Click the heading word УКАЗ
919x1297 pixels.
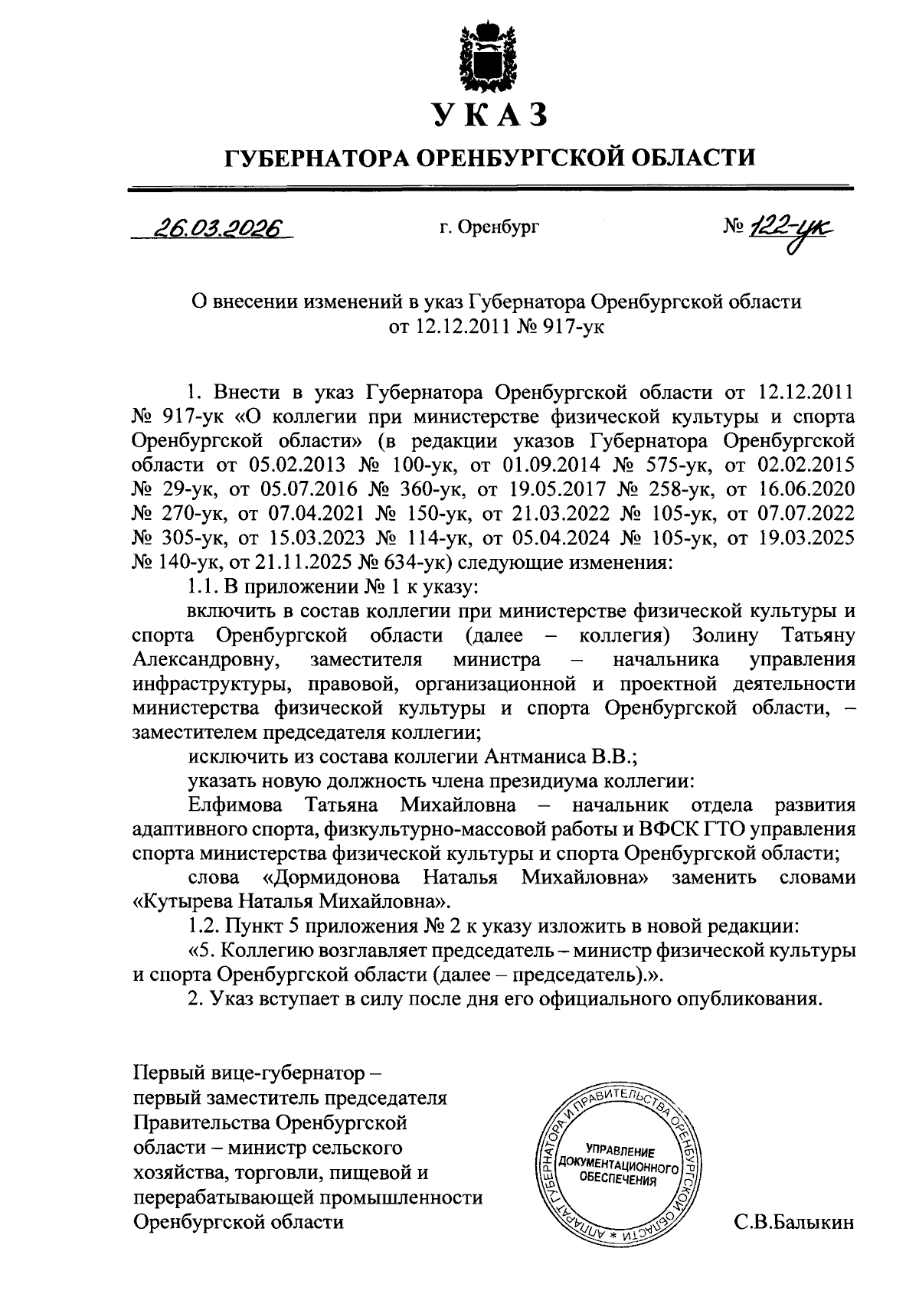click(490, 114)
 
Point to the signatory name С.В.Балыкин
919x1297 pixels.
click(793, 1223)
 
